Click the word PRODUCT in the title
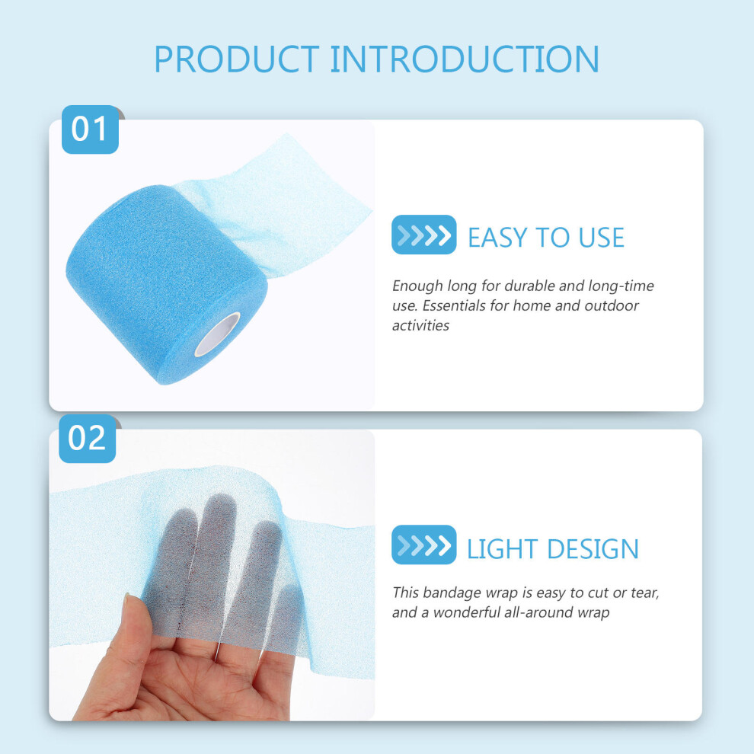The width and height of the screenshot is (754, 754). pos(237,59)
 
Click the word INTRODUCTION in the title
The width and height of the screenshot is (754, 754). pos(465,59)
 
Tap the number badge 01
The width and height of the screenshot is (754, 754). pos(90,129)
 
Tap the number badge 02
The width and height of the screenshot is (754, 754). pos(87,439)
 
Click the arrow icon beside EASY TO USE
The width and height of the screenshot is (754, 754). pos(423,235)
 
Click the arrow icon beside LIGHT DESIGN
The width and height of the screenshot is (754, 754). pos(423,545)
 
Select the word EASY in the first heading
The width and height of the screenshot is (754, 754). pos(497,238)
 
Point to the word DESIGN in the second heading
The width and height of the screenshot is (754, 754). pos(593,548)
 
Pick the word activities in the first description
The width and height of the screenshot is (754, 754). pos(420,325)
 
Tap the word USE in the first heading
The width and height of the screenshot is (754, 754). pos(601,238)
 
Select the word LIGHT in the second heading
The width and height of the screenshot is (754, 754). pos(503,548)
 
